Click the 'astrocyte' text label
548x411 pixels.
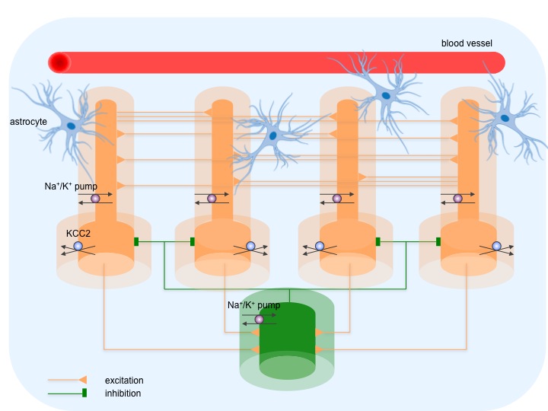(x=28, y=121)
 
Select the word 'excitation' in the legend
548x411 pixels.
(x=125, y=380)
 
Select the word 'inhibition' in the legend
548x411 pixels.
(x=123, y=393)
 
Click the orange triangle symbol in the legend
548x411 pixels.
(x=82, y=380)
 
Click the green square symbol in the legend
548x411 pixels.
(x=84, y=393)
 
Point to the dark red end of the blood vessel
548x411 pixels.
(x=59, y=62)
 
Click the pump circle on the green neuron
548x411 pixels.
(x=260, y=319)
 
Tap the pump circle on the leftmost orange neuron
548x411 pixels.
(x=96, y=199)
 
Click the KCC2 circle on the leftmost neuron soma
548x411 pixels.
(x=78, y=247)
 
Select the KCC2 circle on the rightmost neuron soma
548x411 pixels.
(x=496, y=246)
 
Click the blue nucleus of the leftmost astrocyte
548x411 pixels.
(x=71, y=125)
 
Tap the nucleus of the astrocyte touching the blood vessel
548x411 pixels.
(x=387, y=96)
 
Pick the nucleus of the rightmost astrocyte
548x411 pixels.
(x=505, y=119)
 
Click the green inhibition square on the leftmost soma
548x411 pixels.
(x=136, y=241)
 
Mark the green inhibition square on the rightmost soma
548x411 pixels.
(x=438, y=241)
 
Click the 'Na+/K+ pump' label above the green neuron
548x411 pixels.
(x=253, y=305)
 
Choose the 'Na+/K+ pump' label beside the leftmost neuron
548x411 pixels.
(x=71, y=186)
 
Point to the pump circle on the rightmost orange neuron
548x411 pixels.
(x=457, y=199)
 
